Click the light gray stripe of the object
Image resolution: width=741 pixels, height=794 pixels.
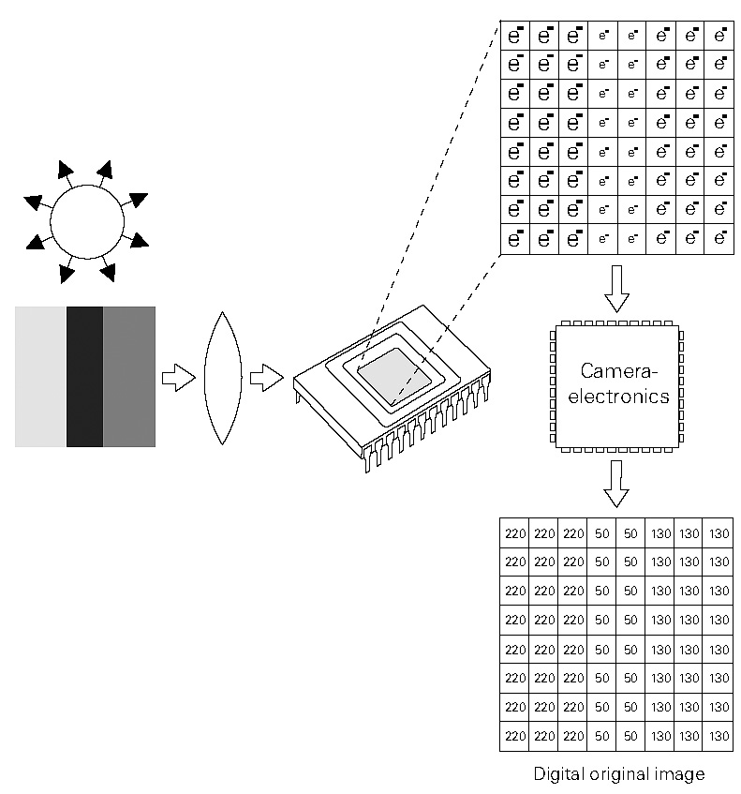click(40, 376)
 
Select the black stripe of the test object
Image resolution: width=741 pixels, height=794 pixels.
click(84, 376)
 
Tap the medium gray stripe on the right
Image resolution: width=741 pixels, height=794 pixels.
click(129, 376)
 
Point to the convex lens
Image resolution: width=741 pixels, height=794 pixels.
click(223, 378)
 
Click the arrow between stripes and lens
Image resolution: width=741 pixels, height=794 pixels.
click(177, 378)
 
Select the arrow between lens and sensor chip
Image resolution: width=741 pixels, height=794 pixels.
click(267, 379)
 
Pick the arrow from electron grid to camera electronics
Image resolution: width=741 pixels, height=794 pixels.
click(616, 290)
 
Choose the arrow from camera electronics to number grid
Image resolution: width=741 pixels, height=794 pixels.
click(616, 483)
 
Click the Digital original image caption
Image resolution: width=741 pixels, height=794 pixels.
click(618, 774)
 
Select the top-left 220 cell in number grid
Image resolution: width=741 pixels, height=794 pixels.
click(515, 533)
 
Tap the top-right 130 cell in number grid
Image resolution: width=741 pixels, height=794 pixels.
click(719, 533)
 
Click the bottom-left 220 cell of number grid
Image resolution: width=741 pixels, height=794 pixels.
click(515, 734)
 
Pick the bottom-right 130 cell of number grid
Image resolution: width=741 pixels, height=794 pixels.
click(719, 734)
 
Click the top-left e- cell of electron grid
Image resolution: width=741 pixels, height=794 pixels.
click(515, 36)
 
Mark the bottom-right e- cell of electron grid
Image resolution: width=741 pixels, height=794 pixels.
click(719, 238)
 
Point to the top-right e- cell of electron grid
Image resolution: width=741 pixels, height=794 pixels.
click(719, 36)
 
